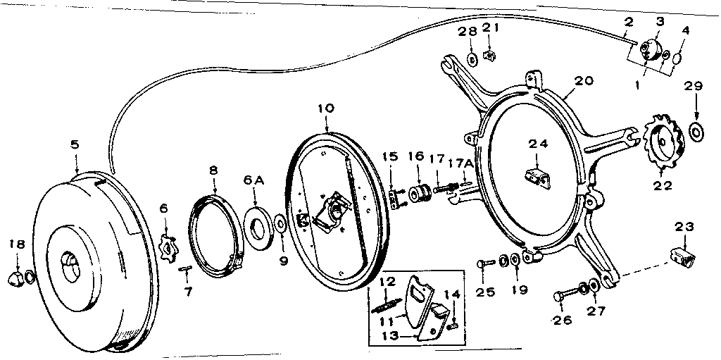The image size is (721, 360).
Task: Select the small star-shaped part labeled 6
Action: pyautogui.click(x=167, y=247)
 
